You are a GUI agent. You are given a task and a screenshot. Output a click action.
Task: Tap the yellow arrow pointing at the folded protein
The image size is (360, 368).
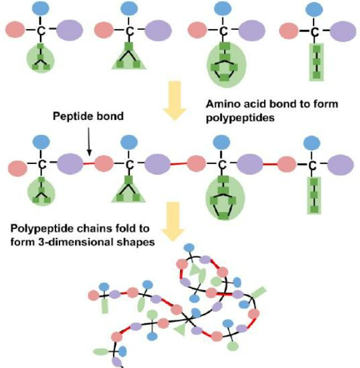pos(173,221)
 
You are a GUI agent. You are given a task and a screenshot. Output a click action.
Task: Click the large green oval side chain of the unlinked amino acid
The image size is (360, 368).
pos(225,63)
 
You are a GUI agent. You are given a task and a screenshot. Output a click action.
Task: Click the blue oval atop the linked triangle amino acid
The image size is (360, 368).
pos(128,142)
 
